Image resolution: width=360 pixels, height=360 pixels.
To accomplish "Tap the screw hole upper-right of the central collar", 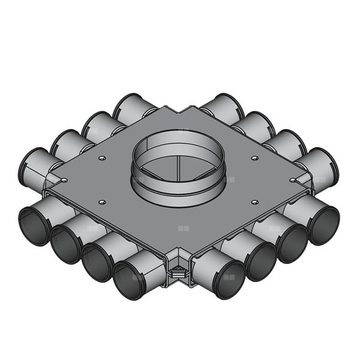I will point(255,158).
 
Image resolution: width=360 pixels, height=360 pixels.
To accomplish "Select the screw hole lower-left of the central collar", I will point(103,202).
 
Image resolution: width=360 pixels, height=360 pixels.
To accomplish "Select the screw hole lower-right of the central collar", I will point(255,202).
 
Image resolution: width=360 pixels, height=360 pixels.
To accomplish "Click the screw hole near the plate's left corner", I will point(64,179).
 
